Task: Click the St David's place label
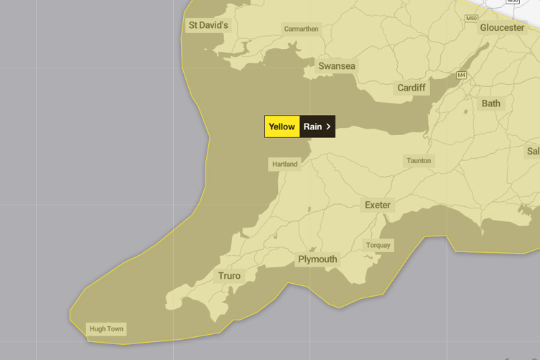click(x=208, y=25)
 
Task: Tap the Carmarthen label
click(x=301, y=29)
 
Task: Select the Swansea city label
click(x=337, y=66)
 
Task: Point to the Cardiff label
click(x=411, y=88)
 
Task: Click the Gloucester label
click(x=502, y=27)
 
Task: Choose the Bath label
click(x=491, y=103)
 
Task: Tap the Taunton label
click(x=419, y=161)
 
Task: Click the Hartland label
click(x=284, y=164)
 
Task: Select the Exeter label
click(x=378, y=205)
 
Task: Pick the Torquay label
click(x=378, y=245)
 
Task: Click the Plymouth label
click(x=317, y=259)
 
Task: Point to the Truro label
click(x=229, y=276)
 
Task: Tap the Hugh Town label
click(x=106, y=329)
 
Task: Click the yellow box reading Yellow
click(x=282, y=126)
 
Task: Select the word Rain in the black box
click(x=312, y=126)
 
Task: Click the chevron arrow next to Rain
click(x=328, y=126)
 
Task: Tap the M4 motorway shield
click(x=461, y=75)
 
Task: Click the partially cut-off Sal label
click(x=533, y=151)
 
